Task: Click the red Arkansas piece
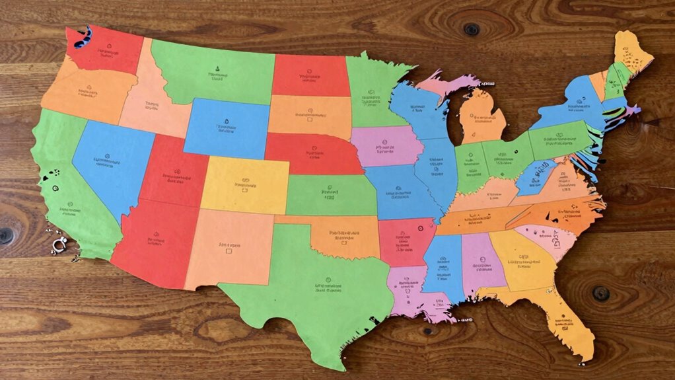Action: tap(401, 241)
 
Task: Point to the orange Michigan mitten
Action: tap(482, 119)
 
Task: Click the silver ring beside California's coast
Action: tap(57, 246)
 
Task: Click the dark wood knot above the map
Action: tap(471, 29)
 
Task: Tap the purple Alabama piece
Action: tap(483, 261)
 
